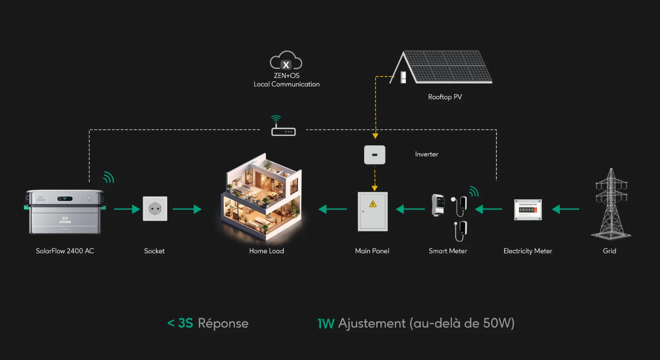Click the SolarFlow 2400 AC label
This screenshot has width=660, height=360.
tap(65, 251)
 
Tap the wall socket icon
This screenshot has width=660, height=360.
tap(155, 209)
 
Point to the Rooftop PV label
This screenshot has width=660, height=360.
tap(445, 97)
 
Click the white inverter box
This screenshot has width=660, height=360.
tap(375, 155)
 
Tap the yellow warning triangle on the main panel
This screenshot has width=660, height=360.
tap(373, 204)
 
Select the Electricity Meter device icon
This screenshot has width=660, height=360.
tap(528, 210)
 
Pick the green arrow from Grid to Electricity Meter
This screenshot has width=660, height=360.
tap(565, 209)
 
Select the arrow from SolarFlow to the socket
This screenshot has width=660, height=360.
tap(127, 209)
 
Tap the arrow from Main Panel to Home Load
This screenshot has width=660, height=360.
tap(333, 209)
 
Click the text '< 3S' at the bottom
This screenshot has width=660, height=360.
tap(180, 324)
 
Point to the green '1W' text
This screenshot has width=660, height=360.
tap(326, 324)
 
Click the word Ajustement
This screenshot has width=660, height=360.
tap(372, 324)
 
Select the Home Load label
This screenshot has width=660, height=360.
tap(267, 251)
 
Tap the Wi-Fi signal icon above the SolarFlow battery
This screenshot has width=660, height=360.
tap(108, 177)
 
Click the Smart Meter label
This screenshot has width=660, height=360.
tap(448, 251)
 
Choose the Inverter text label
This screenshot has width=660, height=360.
tap(427, 154)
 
